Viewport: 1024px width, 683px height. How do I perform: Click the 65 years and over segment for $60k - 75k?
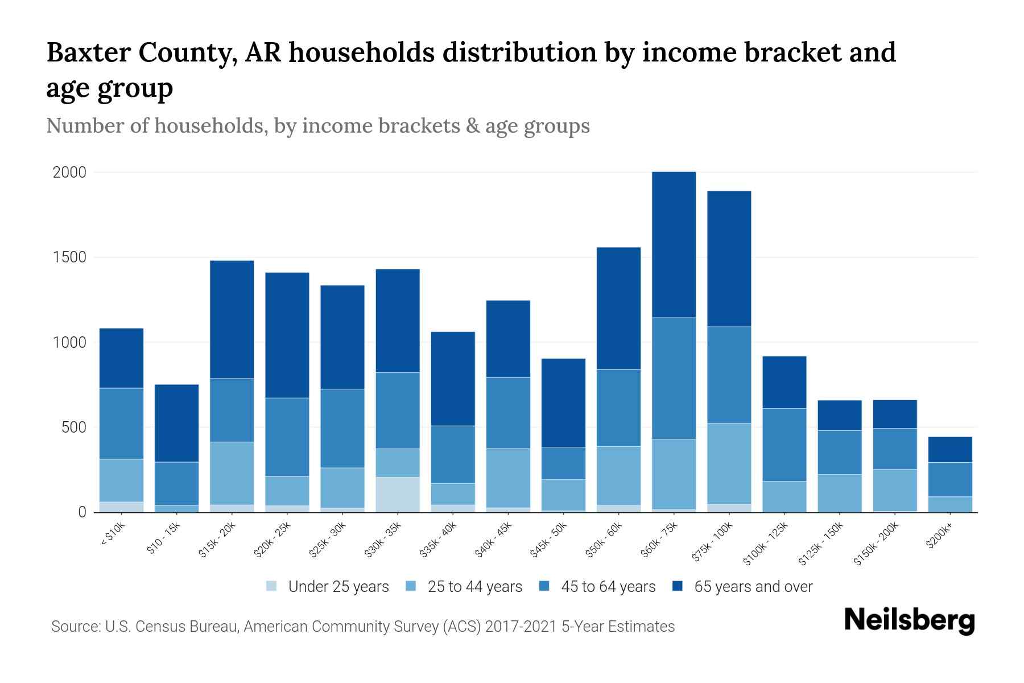pyautogui.click(x=674, y=245)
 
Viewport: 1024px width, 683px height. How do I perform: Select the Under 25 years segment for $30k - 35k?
pyautogui.click(x=398, y=494)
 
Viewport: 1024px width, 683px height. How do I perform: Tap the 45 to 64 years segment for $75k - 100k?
pyautogui.click(x=729, y=375)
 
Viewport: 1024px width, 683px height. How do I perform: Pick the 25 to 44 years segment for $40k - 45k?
pyautogui.click(x=508, y=478)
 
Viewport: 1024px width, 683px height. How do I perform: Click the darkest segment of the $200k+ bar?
pyautogui.click(x=949, y=450)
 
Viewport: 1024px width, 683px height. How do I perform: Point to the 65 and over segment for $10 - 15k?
pyautogui.click(x=176, y=423)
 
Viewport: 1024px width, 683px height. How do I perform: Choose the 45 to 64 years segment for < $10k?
pyautogui.click(x=121, y=423)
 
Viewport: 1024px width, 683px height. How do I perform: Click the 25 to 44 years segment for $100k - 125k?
pyautogui.click(x=784, y=496)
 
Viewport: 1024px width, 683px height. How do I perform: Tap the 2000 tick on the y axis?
pyautogui.click(x=69, y=172)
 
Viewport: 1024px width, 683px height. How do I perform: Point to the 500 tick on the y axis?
pyautogui.click(x=74, y=427)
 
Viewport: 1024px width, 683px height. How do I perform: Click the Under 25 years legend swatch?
pyautogui.click(x=272, y=586)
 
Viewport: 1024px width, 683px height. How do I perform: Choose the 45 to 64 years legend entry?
pyautogui.click(x=608, y=587)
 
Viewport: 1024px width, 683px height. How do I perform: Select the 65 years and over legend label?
pyautogui.click(x=753, y=587)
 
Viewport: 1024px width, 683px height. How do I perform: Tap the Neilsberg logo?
pyautogui.click(x=909, y=620)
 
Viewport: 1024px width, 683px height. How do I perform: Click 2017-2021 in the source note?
pyautogui.click(x=521, y=627)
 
